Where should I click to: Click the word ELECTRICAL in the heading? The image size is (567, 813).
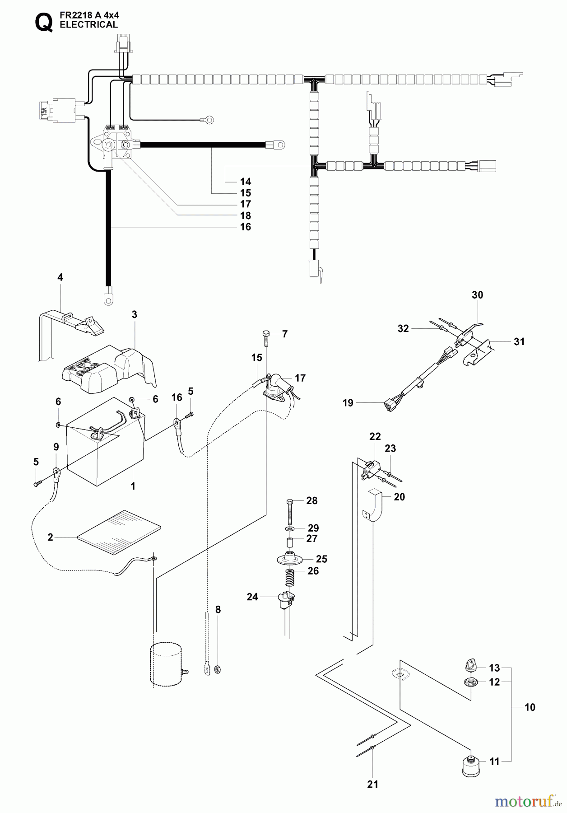[88, 25]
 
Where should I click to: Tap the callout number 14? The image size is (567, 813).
[246, 182]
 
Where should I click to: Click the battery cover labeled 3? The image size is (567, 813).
[108, 368]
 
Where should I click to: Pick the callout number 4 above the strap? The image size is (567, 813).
[60, 277]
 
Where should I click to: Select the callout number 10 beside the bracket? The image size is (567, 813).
[530, 707]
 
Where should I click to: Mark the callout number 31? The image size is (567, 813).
[519, 341]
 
